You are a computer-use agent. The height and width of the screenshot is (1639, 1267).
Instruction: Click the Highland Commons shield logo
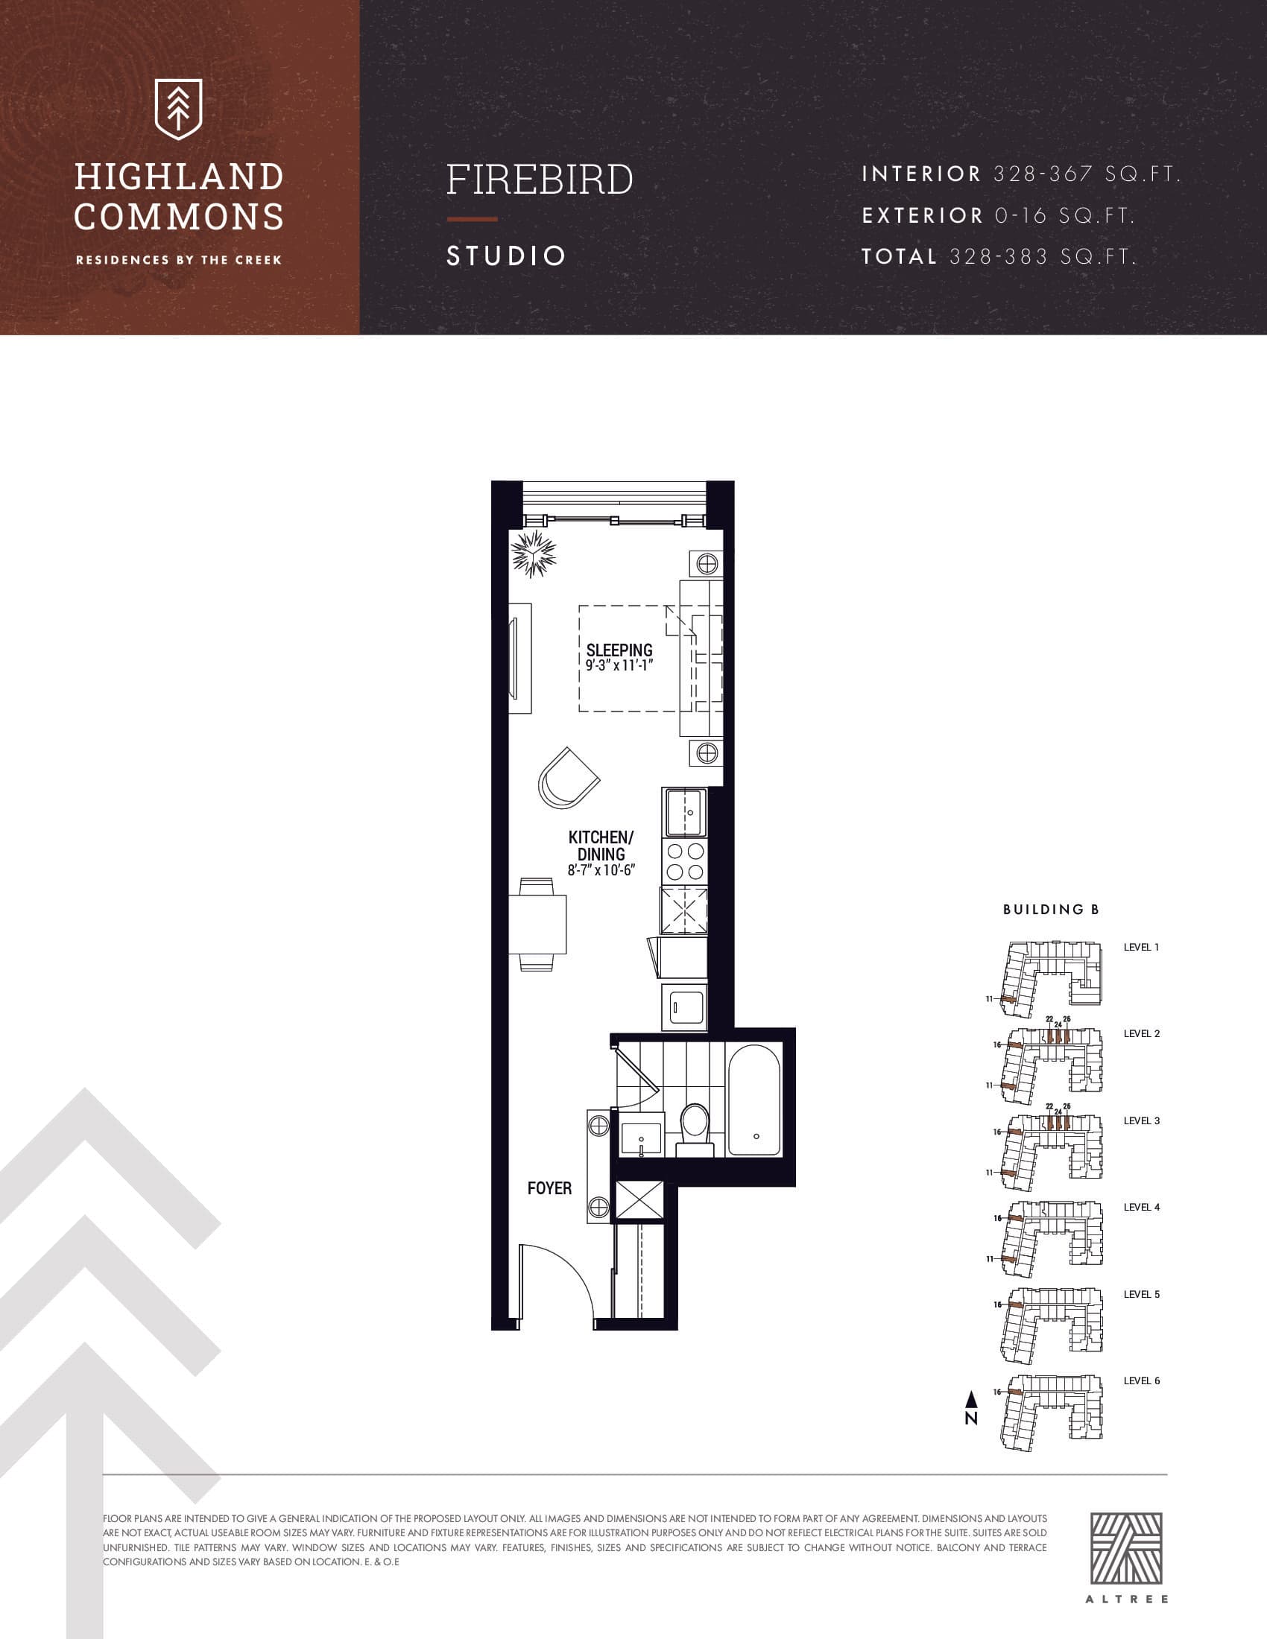178,109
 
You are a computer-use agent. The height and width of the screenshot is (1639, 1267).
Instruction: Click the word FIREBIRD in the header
540,180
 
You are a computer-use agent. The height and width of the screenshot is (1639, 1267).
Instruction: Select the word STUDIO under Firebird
506,256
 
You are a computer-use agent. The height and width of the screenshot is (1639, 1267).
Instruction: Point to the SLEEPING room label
619,650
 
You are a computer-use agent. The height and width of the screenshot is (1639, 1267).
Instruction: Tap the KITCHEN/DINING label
601,846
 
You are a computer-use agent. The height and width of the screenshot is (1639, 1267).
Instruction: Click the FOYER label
549,1188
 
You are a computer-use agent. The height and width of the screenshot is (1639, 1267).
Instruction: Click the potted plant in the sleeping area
534,553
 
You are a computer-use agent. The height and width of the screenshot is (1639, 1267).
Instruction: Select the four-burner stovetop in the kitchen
684,861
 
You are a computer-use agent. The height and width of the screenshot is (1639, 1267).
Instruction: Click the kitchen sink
684,812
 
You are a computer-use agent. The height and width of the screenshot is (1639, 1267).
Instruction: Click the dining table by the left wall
538,924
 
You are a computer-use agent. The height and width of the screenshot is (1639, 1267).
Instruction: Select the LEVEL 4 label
1141,1207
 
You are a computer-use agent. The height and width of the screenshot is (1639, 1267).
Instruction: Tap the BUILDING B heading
1051,910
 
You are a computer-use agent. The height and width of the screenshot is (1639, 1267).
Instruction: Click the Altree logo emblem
1126,1547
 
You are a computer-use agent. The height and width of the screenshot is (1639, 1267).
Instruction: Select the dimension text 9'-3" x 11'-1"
619,665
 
